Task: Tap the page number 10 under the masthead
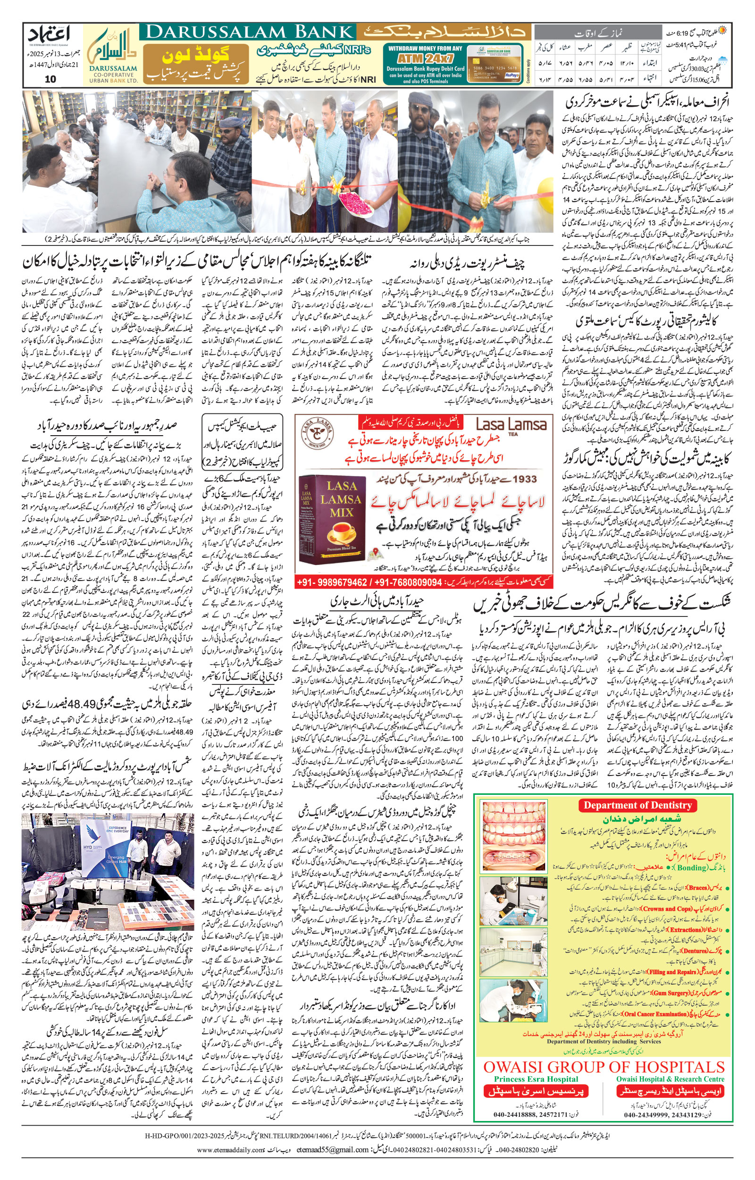click(50, 79)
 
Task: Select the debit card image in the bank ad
click(494, 64)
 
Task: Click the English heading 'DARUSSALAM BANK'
click(249, 33)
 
